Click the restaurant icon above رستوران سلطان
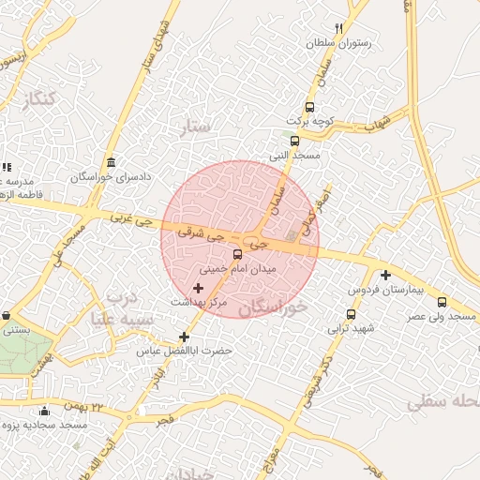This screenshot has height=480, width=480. click(339, 28)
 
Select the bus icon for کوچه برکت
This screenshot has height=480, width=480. click(310, 107)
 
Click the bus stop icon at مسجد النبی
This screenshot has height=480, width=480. click(295, 141)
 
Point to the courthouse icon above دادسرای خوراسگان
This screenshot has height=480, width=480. click(112, 162)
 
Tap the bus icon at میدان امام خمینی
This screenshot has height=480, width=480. click(236, 255)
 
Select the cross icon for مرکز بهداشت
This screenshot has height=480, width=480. click(198, 288)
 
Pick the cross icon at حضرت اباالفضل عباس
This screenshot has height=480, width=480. click(184, 337)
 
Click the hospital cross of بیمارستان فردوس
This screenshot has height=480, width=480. click(385, 275)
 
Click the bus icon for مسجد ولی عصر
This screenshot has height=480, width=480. click(442, 302)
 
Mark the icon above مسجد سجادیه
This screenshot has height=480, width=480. click(44, 411)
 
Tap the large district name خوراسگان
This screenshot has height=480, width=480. click(273, 307)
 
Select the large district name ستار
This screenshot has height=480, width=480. click(196, 127)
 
